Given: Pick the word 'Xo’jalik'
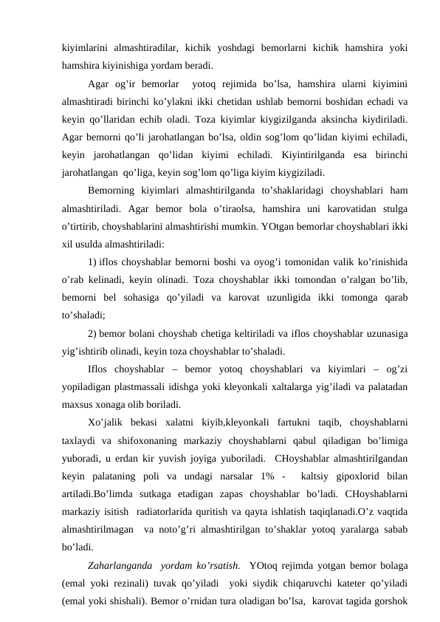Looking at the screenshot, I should [x=106, y=422].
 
